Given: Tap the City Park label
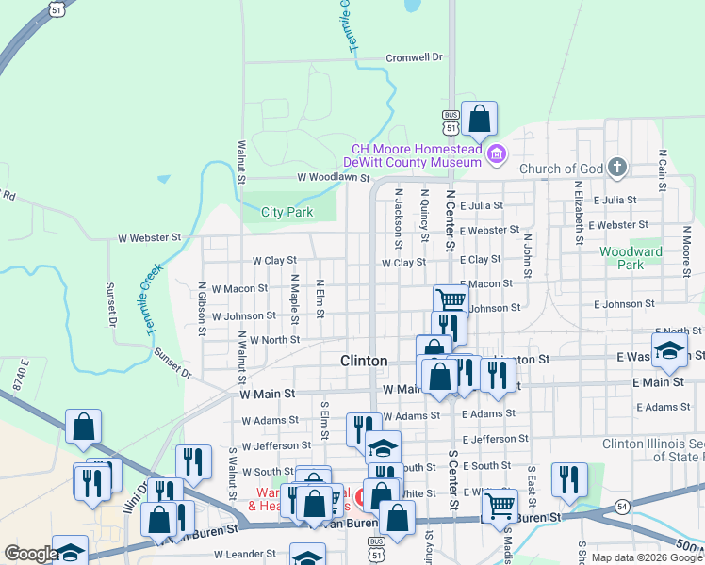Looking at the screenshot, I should pyautogui.click(x=287, y=213).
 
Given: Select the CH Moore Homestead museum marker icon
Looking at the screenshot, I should pyautogui.click(x=497, y=153).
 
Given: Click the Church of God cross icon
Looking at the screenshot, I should pyautogui.click(x=616, y=169).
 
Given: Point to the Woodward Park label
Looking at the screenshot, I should pyautogui.click(x=631, y=258).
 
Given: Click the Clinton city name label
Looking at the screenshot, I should pyautogui.click(x=363, y=361).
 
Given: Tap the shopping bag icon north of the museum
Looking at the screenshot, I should pyautogui.click(x=479, y=120).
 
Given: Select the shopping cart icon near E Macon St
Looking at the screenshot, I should pyautogui.click(x=451, y=299).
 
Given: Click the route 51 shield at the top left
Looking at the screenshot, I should pyautogui.click(x=58, y=8).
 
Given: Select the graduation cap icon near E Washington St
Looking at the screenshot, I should pyautogui.click(x=669, y=350).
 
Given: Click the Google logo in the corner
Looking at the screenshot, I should pyautogui.click(x=30, y=554).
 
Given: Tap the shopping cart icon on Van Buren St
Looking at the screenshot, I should pyautogui.click(x=499, y=506).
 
